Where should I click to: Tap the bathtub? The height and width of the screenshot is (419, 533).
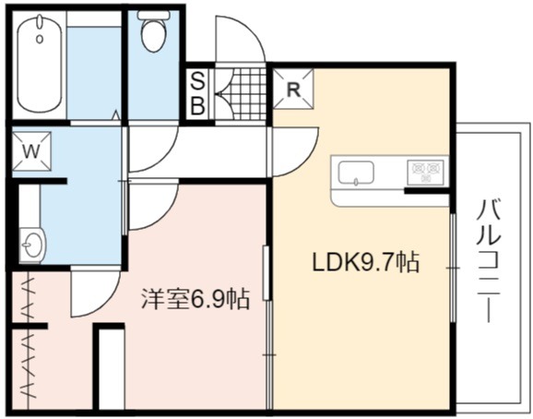[40, 64]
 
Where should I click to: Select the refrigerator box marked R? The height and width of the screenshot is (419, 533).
[293, 89]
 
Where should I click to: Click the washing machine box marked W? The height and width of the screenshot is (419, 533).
[31, 151]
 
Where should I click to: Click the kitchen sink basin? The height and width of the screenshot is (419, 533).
[356, 174]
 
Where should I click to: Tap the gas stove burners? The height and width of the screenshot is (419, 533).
[426, 172]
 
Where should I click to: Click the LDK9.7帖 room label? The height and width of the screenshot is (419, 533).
[366, 262]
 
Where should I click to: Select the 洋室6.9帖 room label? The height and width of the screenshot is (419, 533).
[195, 299]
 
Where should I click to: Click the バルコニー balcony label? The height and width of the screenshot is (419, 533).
[489, 261]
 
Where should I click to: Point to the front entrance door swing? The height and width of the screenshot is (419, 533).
[241, 39]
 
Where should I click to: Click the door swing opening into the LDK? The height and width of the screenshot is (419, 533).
[296, 152]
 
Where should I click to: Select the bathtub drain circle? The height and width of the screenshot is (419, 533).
[40, 39]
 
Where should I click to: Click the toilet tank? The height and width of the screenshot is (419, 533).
[154, 15]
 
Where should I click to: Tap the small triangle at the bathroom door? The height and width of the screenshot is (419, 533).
[116, 114]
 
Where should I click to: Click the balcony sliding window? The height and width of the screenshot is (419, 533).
[453, 268]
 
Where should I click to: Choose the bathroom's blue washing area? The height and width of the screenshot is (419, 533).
[94, 72]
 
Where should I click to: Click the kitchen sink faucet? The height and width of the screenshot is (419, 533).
[356, 182]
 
